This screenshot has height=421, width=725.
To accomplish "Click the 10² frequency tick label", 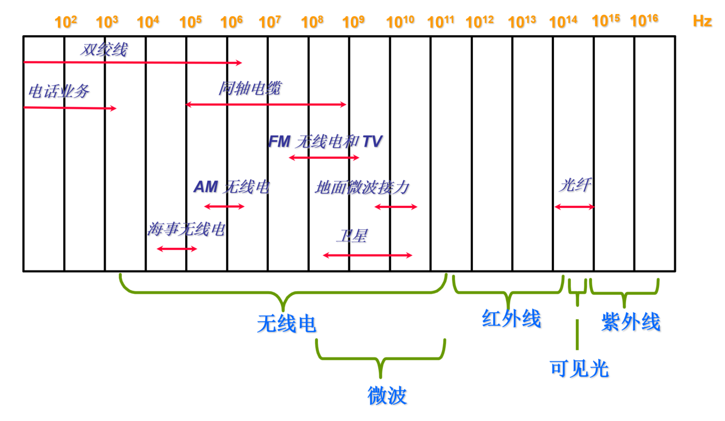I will pos(66,22).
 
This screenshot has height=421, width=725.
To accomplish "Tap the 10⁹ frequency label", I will pos(354,22).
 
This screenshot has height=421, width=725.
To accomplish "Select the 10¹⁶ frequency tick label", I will pos(644,21).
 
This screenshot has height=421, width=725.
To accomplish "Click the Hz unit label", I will pos(702,21).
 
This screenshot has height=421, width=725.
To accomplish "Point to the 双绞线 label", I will pos(104,50).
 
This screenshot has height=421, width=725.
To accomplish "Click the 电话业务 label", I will pos(59,92).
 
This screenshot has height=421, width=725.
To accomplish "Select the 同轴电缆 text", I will pos(250,88).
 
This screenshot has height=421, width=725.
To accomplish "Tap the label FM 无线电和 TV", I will pos(325,141).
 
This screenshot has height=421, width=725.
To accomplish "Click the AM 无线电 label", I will pos(232,187).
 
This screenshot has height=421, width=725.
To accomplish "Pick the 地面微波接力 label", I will pos(362,187).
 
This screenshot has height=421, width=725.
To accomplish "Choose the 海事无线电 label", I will pos(186,229).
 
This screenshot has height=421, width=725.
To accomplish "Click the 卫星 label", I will pos(351,236).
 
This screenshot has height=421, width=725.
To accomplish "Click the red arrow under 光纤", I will pos(574,207).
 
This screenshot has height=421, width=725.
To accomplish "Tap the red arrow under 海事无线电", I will pos(177,249).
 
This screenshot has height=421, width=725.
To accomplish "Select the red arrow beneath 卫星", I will pos(367,255).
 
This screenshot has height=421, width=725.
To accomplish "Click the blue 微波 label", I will pos(387,395).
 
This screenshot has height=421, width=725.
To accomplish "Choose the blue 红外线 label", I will pos(511,318).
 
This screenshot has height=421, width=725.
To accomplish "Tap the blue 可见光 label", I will pos(579,369).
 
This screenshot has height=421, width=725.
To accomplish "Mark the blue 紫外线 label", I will pos(631,322).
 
